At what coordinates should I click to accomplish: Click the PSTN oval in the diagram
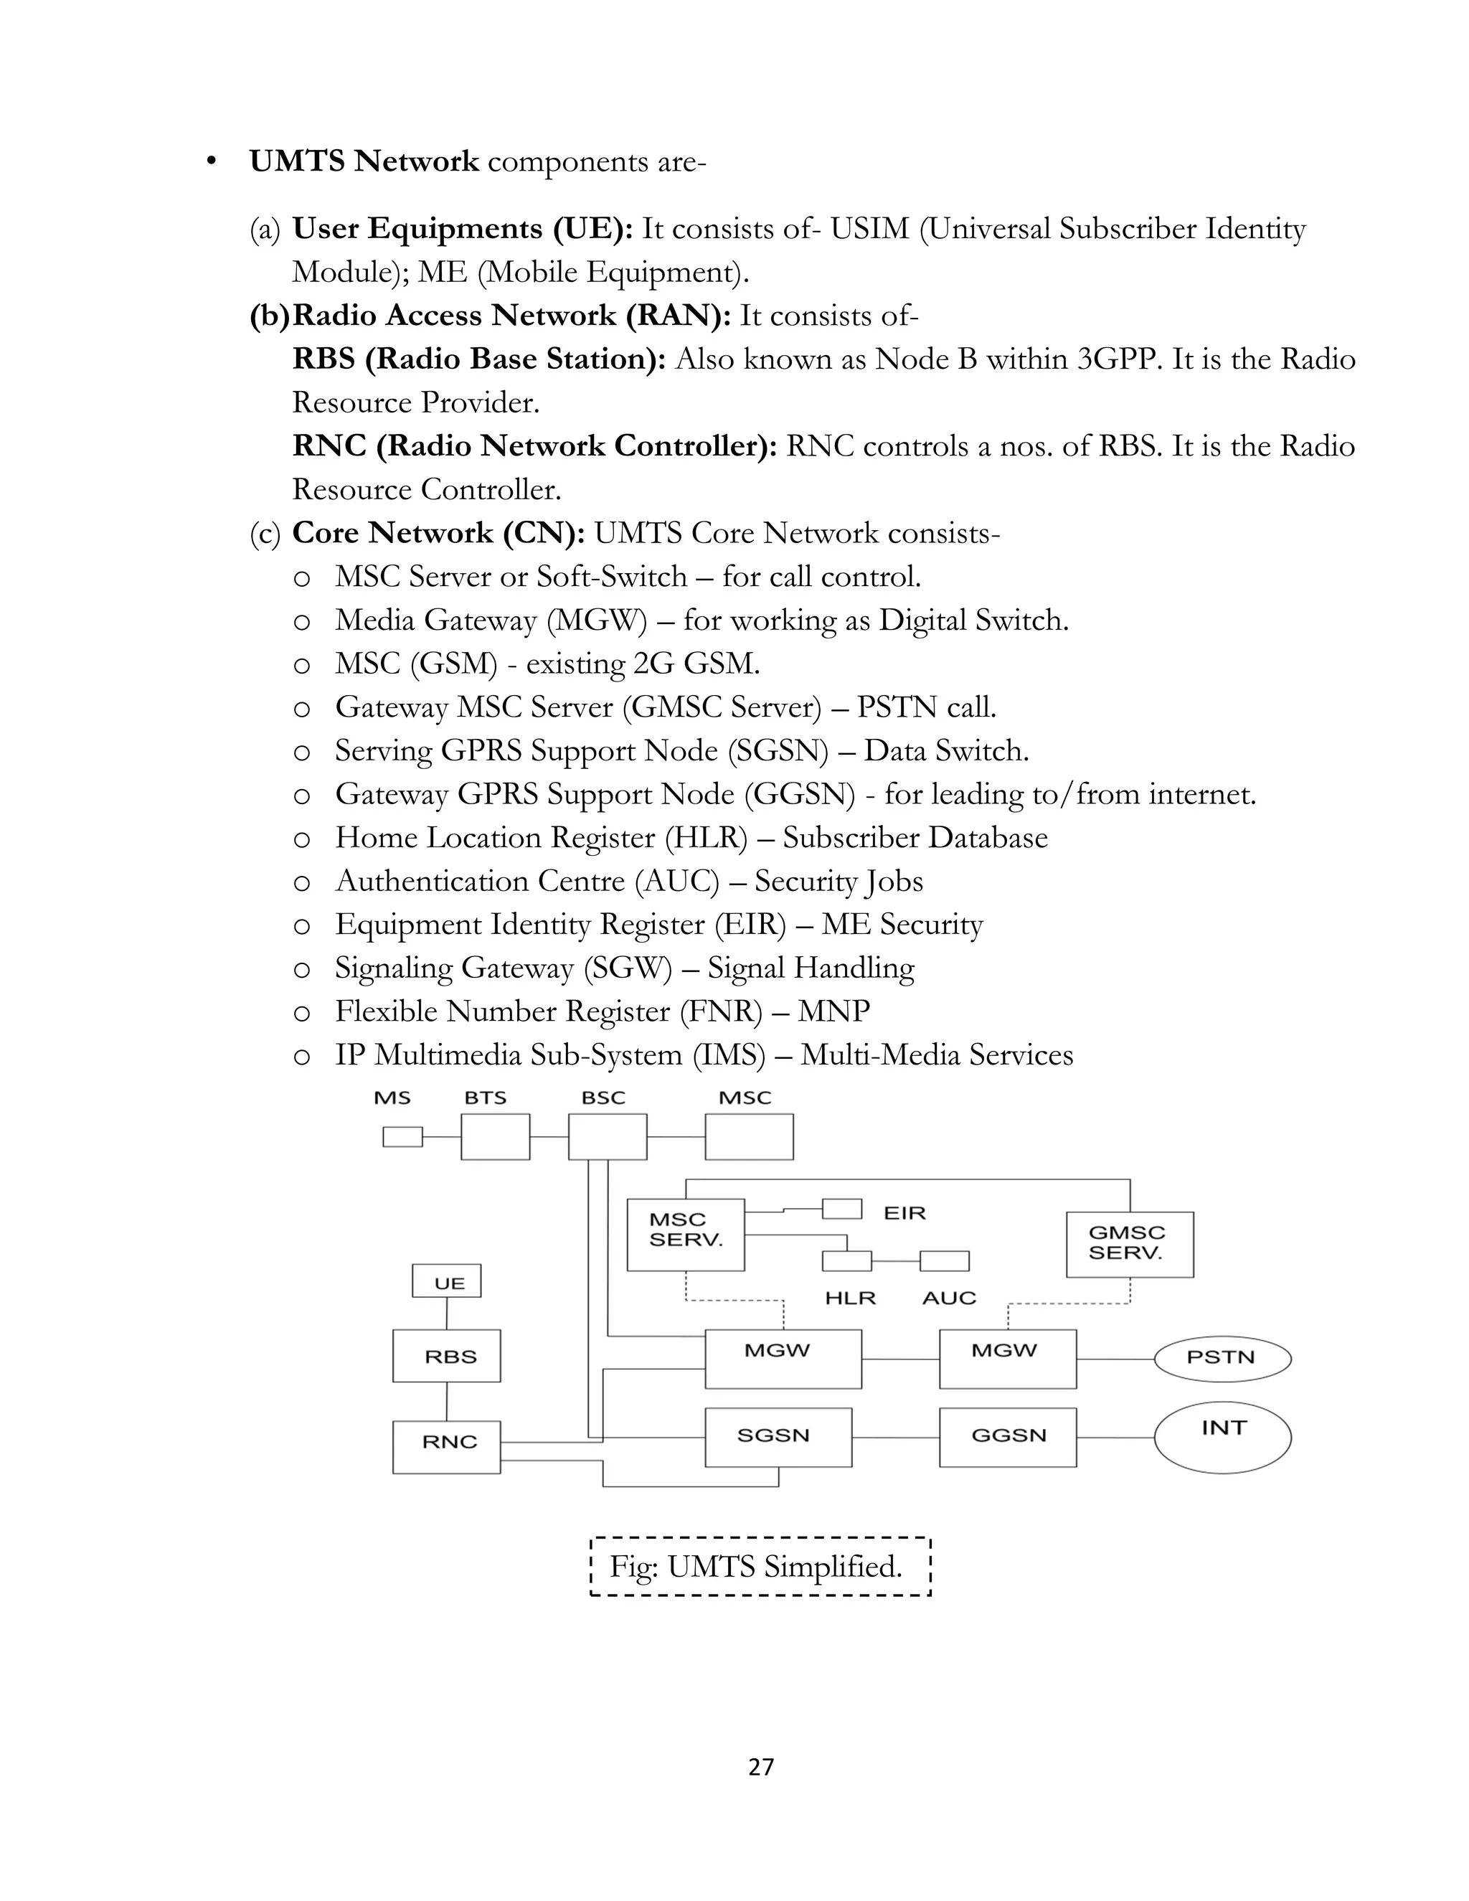tap(1222, 1358)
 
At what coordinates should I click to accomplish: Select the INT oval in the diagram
tap(1222, 1437)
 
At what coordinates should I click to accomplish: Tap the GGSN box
tap(1008, 1436)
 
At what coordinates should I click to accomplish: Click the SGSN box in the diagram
tap(777, 1436)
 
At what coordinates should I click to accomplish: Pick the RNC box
tap(446, 1447)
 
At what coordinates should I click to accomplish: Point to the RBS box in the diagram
tap(446, 1356)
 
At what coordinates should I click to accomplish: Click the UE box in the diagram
tap(446, 1281)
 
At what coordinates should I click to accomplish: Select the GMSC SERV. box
tap(1130, 1244)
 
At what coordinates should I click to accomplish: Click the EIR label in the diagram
tap(904, 1212)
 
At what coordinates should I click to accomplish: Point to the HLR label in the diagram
tap(850, 1298)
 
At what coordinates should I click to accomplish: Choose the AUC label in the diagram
tap(948, 1298)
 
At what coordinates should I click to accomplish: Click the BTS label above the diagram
tap(485, 1098)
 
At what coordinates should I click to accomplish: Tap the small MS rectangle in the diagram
tap(402, 1137)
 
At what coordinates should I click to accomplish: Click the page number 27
tap(760, 1767)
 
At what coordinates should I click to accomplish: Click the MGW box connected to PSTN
tap(1008, 1358)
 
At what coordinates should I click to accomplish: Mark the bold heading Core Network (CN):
tap(438, 533)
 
